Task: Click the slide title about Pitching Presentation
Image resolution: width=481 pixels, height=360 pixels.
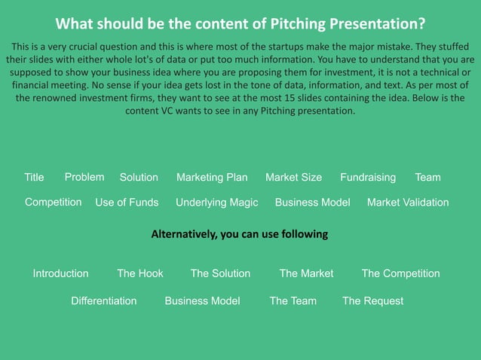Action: (x=240, y=23)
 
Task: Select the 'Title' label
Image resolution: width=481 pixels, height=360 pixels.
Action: (x=34, y=178)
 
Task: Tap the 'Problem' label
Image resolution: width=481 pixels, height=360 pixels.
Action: (x=84, y=177)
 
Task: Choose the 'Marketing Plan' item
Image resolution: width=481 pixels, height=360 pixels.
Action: (x=212, y=178)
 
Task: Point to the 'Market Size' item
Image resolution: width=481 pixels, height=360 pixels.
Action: (x=293, y=178)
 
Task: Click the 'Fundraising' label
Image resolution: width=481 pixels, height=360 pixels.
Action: (x=368, y=178)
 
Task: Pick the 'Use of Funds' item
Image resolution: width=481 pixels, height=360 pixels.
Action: (x=127, y=203)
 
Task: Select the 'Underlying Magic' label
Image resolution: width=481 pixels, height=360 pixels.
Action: (x=216, y=203)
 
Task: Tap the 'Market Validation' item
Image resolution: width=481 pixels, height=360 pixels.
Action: (x=408, y=203)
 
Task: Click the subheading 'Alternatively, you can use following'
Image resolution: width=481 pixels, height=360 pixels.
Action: (x=240, y=234)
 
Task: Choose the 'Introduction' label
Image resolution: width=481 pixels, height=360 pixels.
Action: (x=60, y=273)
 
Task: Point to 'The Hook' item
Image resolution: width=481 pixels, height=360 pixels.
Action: (x=140, y=273)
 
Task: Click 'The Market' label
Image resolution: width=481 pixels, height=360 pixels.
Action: (x=306, y=273)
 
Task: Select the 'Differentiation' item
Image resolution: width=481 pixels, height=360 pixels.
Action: (x=104, y=301)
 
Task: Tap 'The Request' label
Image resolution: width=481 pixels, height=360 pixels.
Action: (x=372, y=301)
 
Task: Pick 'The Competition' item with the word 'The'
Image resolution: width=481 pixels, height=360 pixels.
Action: (x=400, y=273)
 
